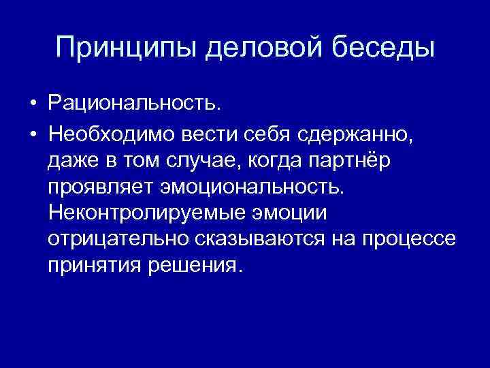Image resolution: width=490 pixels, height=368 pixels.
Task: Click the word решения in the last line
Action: pos(203,265)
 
